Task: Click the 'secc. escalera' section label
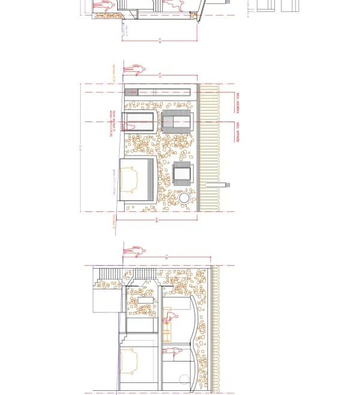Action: (237, 102)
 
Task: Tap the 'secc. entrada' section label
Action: (237, 132)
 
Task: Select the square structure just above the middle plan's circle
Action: (182, 173)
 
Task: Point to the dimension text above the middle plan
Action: (160, 75)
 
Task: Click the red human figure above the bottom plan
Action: (134, 250)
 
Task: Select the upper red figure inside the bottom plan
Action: (170, 318)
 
